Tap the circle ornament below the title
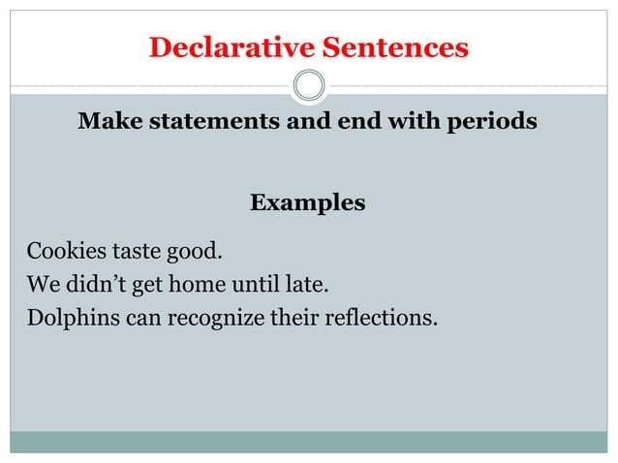click(x=309, y=86)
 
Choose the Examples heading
click(x=307, y=203)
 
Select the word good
click(x=198, y=254)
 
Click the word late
click(x=312, y=285)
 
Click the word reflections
click(x=379, y=317)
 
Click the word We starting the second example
click(x=41, y=285)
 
